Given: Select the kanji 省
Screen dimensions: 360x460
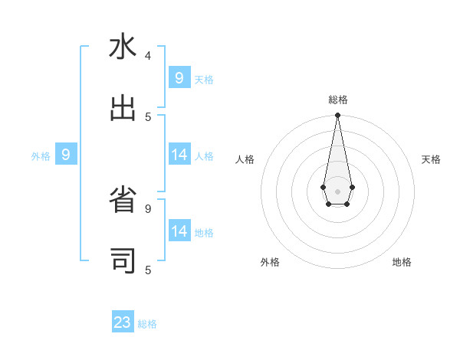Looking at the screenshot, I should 123,201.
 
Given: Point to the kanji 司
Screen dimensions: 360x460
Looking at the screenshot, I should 123,261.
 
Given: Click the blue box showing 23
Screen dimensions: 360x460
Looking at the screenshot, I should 123,322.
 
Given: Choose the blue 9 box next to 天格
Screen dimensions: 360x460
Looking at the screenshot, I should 179,77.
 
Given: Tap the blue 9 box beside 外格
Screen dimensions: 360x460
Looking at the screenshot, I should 66,155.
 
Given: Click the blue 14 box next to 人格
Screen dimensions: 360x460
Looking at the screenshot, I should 179,155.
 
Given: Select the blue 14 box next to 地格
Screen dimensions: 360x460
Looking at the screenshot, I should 179,231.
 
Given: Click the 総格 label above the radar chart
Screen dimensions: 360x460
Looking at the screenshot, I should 338,100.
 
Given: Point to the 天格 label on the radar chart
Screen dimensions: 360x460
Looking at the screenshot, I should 431,159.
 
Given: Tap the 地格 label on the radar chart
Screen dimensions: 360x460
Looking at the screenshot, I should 402,262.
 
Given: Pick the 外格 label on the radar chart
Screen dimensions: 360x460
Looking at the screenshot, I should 270,262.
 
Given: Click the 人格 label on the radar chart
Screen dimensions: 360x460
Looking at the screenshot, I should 245,159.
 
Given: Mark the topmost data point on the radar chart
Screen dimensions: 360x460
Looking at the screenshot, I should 337,115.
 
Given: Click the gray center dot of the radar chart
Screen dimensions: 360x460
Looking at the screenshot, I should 337,190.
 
